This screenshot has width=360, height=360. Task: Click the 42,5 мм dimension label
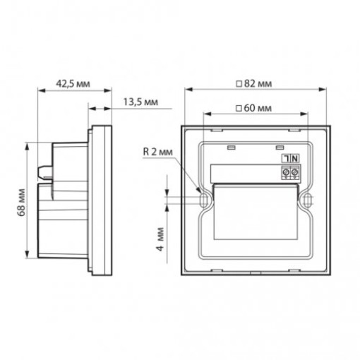tap(73, 83)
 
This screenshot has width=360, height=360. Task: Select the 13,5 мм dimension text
tap(140, 102)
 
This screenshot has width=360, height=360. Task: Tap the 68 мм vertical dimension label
tap(20, 203)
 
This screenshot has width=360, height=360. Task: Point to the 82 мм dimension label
tap(258, 83)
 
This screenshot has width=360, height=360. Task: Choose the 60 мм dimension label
tap(258, 108)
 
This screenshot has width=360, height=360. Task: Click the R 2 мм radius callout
tap(157, 152)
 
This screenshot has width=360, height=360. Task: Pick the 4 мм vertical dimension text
tap(160, 239)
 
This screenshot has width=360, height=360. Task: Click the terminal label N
tap(295, 159)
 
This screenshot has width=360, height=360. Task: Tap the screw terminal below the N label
tap(294, 172)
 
